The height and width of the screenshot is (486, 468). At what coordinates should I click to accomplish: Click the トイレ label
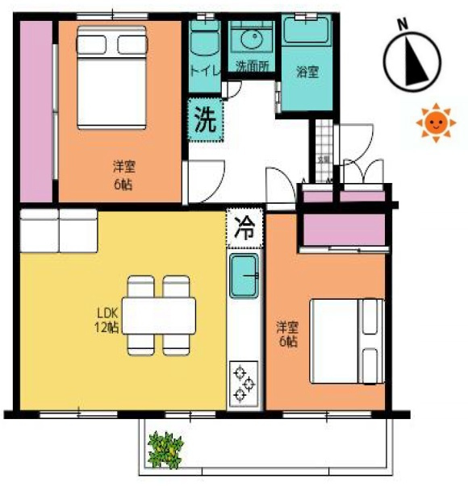203,70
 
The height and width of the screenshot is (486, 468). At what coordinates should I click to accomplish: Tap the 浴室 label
307,71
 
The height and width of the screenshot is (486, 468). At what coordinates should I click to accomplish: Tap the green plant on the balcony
166,448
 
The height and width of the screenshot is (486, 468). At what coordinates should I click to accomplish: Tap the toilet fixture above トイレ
203,39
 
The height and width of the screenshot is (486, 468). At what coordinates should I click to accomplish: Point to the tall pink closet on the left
35,110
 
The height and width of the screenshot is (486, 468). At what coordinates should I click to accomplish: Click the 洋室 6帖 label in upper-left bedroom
123,175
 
